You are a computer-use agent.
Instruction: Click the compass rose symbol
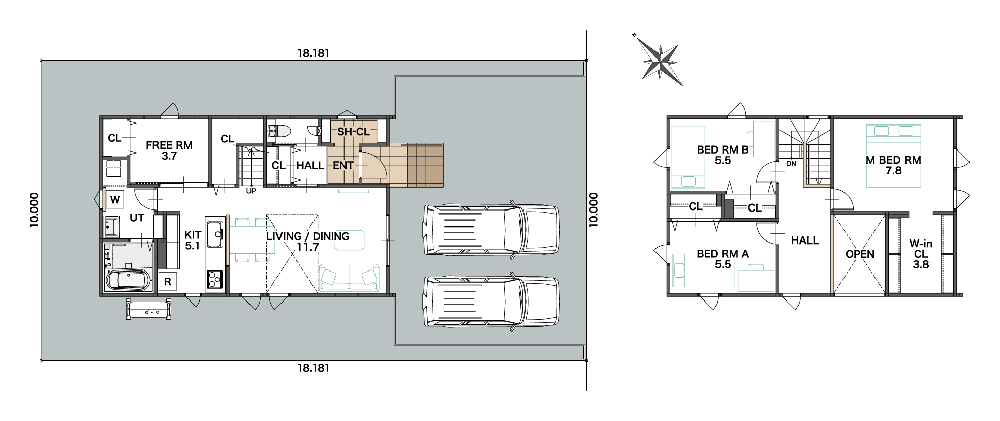pos(660,62)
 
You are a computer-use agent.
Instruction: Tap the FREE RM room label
pos(169,145)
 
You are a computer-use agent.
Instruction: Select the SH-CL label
pos(354,132)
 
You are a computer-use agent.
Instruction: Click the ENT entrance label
pos(343,165)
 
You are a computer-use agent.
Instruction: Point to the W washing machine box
pos(115,200)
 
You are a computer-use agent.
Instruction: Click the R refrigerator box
pos(168,282)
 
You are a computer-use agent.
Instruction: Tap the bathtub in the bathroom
pos(128,281)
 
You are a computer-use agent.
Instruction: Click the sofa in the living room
pos(349,278)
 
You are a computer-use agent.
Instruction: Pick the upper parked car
pos(491,230)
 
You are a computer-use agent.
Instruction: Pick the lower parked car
pos(491,302)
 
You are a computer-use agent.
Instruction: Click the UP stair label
pos(251,191)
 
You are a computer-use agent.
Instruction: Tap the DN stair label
pos(791,164)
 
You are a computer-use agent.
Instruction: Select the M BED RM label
pos(893,160)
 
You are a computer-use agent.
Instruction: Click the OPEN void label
pos(860,254)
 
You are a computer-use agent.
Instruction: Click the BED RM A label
pos(723,254)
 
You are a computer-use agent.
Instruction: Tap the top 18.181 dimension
pos(314,53)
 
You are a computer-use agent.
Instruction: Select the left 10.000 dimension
pos(34,209)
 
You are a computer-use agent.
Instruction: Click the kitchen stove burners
pos(214,279)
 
